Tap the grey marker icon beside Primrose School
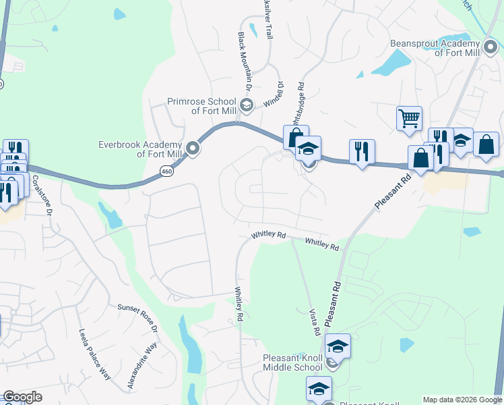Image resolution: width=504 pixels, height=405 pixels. point(247,105)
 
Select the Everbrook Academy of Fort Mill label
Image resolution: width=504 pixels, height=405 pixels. point(140,148)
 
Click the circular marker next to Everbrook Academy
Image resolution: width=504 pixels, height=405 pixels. point(193,148)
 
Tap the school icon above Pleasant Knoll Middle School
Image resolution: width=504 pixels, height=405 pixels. point(338,347)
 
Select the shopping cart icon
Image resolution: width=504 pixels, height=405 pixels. point(409,119)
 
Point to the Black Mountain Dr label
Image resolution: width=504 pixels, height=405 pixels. point(243,61)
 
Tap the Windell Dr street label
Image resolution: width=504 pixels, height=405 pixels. point(278,95)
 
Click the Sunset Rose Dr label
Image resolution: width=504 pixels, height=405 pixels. point(137,317)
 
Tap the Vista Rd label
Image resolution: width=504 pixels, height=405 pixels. point(313,323)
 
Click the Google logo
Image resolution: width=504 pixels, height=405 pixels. point(22,397)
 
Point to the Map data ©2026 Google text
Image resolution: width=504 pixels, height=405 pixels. point(462,399)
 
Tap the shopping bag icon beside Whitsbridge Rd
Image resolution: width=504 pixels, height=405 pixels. point(296,138)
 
